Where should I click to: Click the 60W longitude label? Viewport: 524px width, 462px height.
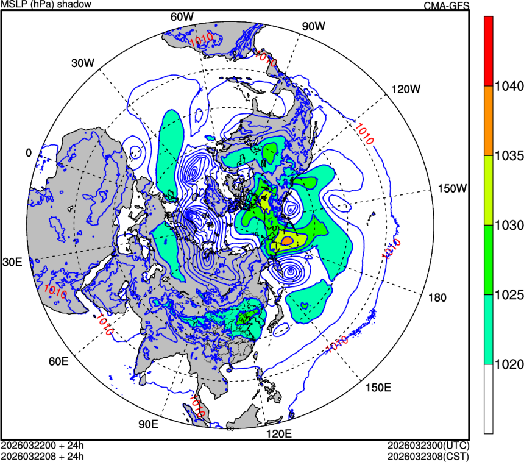[182, 16]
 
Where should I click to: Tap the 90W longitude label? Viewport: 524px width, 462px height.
[313, 26]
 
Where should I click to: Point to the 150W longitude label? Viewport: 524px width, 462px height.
[453, 188]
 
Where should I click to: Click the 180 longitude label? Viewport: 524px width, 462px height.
[437, 297]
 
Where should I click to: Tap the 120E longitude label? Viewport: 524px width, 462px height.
[280, 434]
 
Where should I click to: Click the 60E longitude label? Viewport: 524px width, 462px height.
[58, 361]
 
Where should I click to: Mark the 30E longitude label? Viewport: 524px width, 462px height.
[13, 262]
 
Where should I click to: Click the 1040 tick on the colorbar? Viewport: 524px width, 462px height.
[508, 86]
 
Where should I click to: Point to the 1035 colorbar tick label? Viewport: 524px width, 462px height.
[508, 155]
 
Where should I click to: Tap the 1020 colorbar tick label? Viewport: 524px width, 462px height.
[508, 364]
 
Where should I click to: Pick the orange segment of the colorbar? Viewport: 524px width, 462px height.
[488, 120]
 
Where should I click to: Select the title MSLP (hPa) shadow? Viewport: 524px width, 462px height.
[46, 5]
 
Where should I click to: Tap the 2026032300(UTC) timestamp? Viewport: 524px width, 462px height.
[428, 446]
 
